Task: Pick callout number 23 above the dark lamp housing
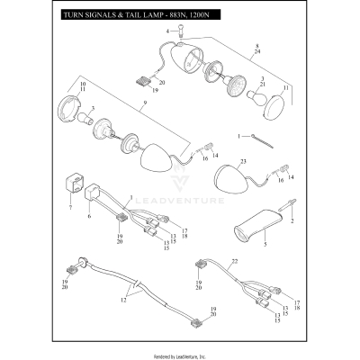pyautogui.click(x=243, y=161)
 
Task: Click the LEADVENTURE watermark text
pyautogui.click(x=184, y=214)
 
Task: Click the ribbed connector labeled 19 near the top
pyautogui.click(x=141, y=78)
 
